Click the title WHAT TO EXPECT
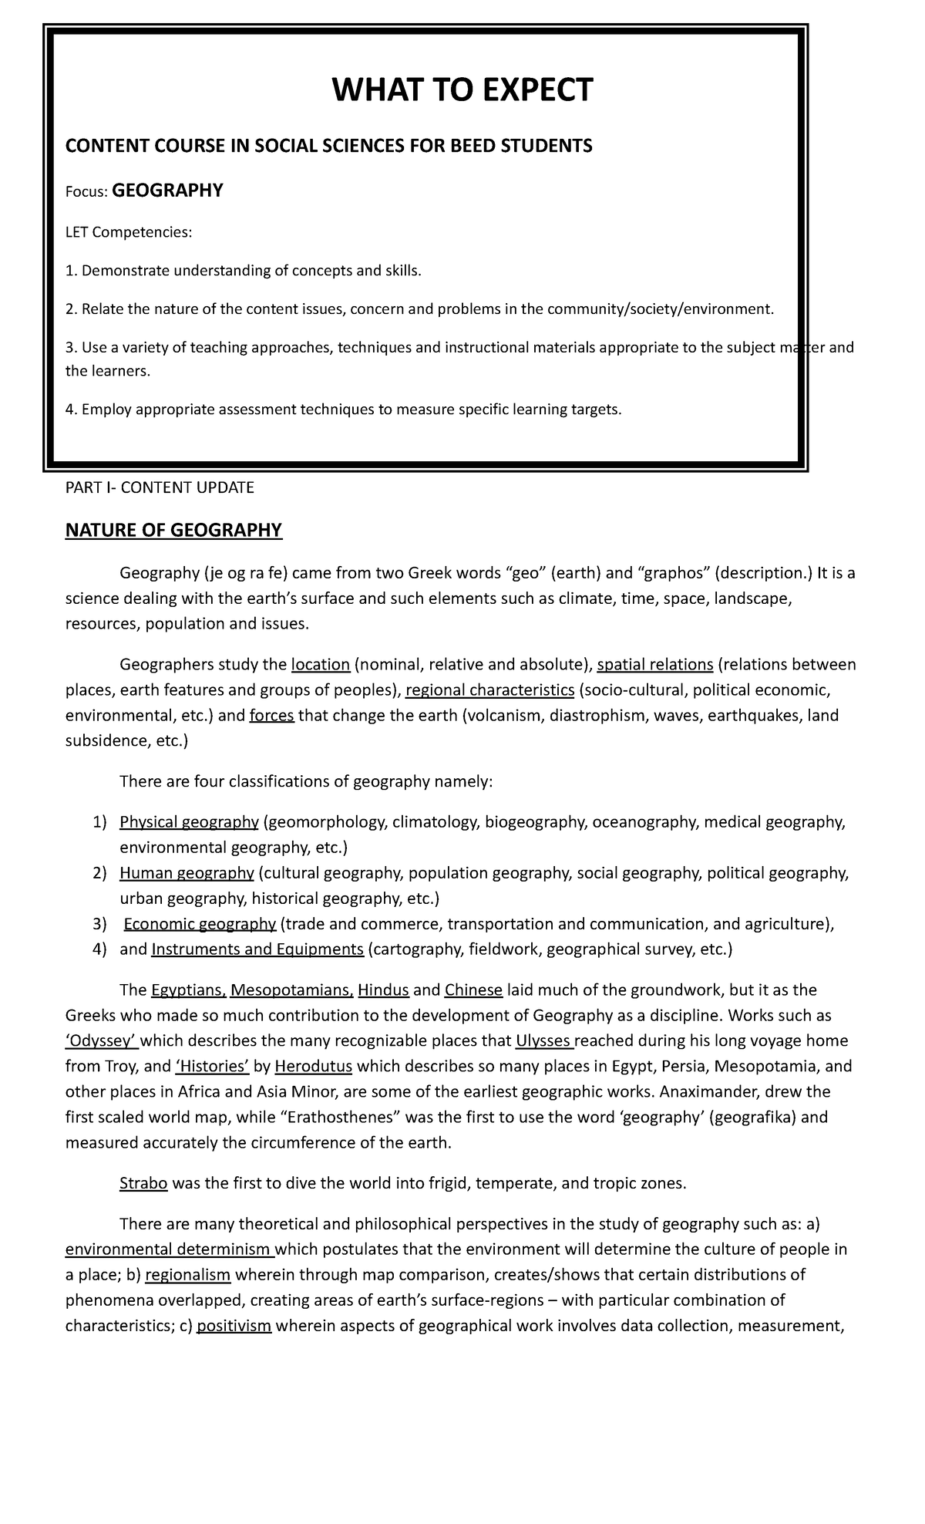pyautogui.click(x=462, y=90)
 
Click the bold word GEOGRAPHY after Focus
pyautogui.click(x=167, y=190)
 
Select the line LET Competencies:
pyautogui.click(x=127, y=232)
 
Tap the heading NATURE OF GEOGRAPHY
pyautogui.click(x=173, y=530)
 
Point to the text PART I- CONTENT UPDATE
pyautogui.click(x=160, y=487)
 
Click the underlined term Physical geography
pyautogui.click(x=189, y=822)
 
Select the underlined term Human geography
pyautogui.click(x=187, y=873)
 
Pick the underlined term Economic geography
pyautogui.click(x=200, y=924)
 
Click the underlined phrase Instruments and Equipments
pyautogui.click(x=257, y=949)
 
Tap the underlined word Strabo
pyautogui.click(x=143, y=1183)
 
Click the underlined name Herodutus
pyautogui.click(x=313, y=1067)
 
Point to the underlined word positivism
pyautogui.click(x=234, y=1326)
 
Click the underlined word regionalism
pyautogui.click(x=187, y=1275)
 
